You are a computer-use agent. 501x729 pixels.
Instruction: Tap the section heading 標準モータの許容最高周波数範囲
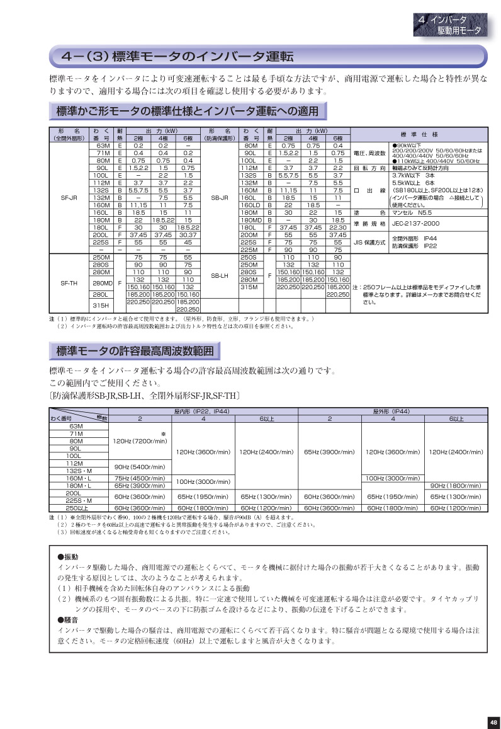tap(135, 350)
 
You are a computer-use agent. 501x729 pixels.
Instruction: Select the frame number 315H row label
tap(101, 305)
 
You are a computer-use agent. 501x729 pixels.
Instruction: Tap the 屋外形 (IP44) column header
tap(391, 411)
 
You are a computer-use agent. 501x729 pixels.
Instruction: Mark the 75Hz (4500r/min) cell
tap(140, 478)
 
